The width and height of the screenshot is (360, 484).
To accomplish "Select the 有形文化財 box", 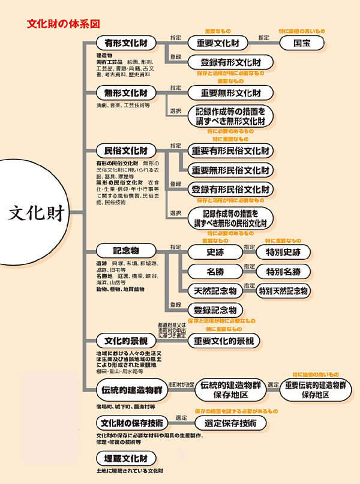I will tap(125, 43).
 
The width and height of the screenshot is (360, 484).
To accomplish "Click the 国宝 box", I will tap(302, 43).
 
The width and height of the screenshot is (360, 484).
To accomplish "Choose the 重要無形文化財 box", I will tap(231, 94).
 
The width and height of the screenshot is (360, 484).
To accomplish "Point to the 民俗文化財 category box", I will tap(125, 150).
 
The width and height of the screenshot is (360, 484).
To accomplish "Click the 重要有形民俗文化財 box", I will tap(231, 150).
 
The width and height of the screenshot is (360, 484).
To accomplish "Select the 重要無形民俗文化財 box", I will tap(231, 170).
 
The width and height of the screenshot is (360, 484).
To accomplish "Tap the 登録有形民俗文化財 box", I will tap(231, 190).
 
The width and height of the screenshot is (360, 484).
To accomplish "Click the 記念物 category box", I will tap(125, 251).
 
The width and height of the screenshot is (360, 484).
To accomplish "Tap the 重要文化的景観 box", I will tap(223, 341).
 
